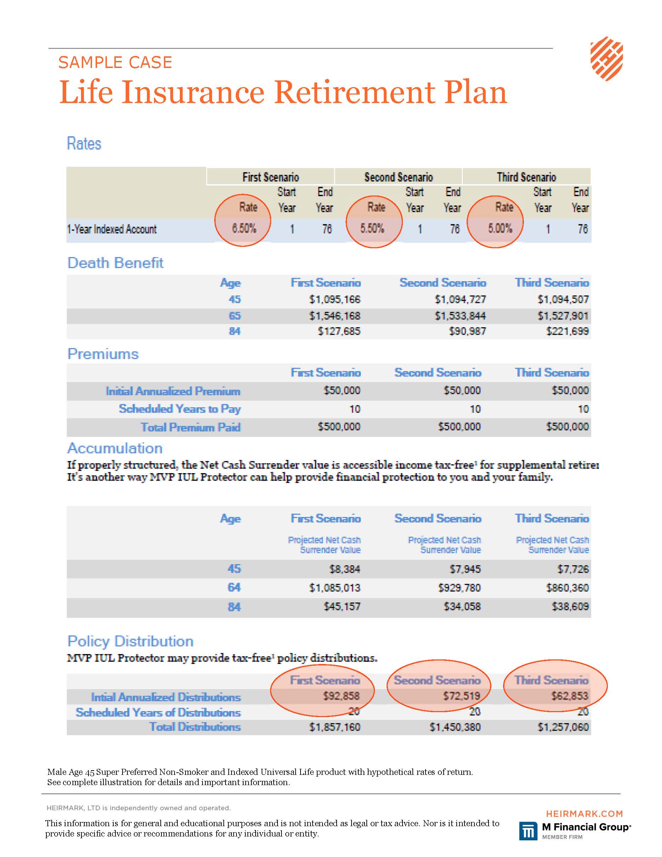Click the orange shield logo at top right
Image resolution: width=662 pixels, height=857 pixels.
(x=606, y=59)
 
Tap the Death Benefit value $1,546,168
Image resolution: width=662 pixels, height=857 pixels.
(x=335, y=316)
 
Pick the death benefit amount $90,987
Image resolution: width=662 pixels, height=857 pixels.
(x=468, y=331)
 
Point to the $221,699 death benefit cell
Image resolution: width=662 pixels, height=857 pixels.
(x=567, y=331)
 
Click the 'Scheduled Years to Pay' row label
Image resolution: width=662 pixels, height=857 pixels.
(x=180, y=409)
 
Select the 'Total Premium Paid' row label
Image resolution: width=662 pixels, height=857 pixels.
(x=190, y=427)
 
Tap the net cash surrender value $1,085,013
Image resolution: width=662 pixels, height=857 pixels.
(x=335, y=588)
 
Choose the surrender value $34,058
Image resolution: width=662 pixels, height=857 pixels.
(x=462, y=606)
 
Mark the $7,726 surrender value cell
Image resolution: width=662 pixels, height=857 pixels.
(x=573, y=569)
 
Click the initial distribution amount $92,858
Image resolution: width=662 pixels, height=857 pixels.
(x=341, y=696)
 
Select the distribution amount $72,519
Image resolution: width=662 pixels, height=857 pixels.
(x=462, y=696)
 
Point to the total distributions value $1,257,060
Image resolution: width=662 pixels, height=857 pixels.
(x=563, y=727)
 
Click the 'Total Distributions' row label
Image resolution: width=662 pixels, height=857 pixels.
(x=195, y=727)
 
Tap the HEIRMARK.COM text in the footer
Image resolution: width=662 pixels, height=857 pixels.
(x=584, y=814)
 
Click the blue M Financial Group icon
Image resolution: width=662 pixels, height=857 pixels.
(x=529, y=831)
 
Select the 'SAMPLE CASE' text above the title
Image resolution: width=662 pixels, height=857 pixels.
(x=115, y=62)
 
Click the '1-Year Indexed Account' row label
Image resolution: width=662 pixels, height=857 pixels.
(x=112, y=229)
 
